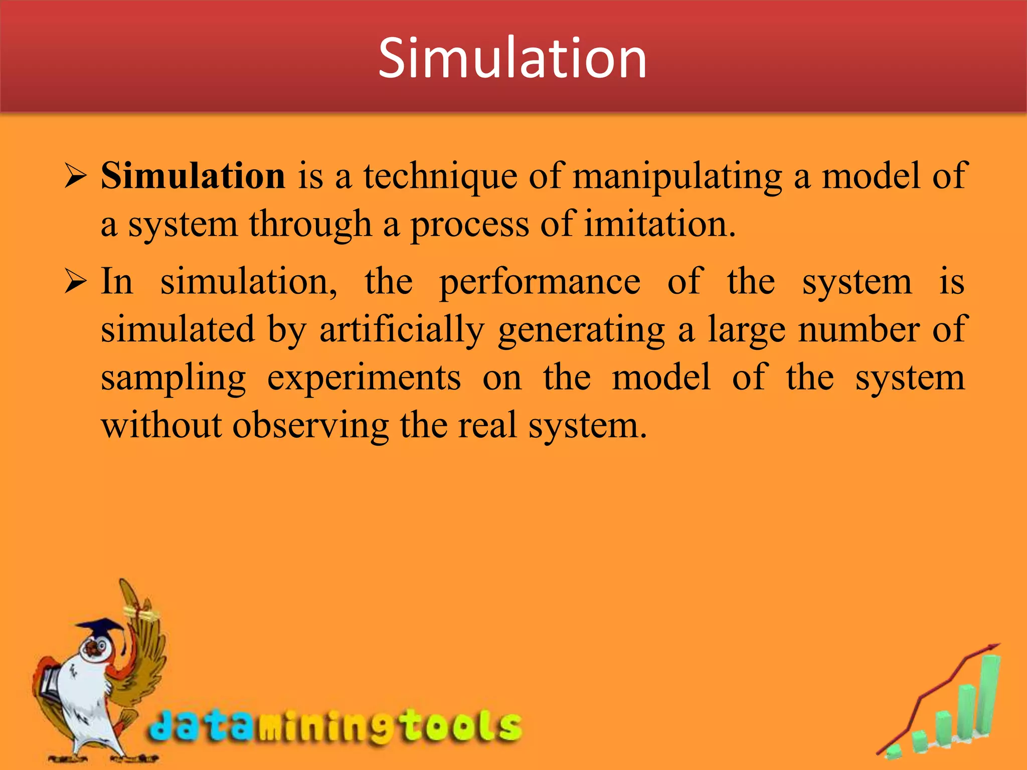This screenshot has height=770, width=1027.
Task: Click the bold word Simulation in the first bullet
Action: point(193,176)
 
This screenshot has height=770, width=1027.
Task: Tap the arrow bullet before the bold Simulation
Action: point(76,177)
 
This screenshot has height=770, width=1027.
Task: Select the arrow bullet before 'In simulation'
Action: point(76,282)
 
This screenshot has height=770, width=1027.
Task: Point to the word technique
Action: point(440,177)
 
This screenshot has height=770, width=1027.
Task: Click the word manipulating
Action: point(677,177)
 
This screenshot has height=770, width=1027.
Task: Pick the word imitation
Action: point(659,224)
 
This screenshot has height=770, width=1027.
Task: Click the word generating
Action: point(581,329)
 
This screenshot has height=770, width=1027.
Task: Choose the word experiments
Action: point(364,377)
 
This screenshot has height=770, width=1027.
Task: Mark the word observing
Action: point(310,426)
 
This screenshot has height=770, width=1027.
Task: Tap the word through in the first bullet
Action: point(310,224)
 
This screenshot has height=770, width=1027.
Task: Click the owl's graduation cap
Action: point(100,629)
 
